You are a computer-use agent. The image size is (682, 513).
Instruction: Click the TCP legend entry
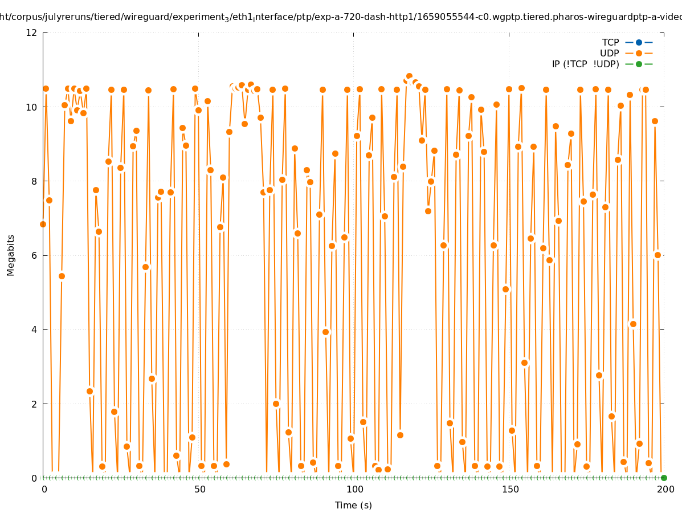pos(610,42)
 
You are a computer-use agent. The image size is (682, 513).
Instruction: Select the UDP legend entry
pos(609,53)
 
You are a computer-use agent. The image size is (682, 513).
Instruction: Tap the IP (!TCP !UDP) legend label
pos(585,64)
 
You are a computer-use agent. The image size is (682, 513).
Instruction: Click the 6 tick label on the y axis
pos(35,255)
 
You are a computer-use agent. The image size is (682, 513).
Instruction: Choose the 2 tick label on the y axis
pos(35,404)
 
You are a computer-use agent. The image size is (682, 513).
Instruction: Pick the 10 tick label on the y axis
pos(32,107)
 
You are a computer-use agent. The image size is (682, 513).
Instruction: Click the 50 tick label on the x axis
pos(199,489)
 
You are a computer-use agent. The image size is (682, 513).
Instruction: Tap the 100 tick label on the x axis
pos(354,489)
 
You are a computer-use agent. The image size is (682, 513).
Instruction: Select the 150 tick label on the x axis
pos(510,489)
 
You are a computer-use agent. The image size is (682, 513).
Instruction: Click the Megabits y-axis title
pos(11,255)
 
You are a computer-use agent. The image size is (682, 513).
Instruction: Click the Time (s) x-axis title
pos(353,505)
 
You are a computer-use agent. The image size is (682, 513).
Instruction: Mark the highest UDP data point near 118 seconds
pos(409,76)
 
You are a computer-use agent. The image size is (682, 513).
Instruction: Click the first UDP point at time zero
pos(43,224)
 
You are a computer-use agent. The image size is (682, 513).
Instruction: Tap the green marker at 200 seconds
pos(664,478)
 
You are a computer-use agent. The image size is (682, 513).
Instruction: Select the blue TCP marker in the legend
pos(639,42)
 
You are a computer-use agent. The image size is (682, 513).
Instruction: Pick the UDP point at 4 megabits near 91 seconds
pos(325,332)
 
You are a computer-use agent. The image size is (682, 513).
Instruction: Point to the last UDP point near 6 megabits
pos(658,255)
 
